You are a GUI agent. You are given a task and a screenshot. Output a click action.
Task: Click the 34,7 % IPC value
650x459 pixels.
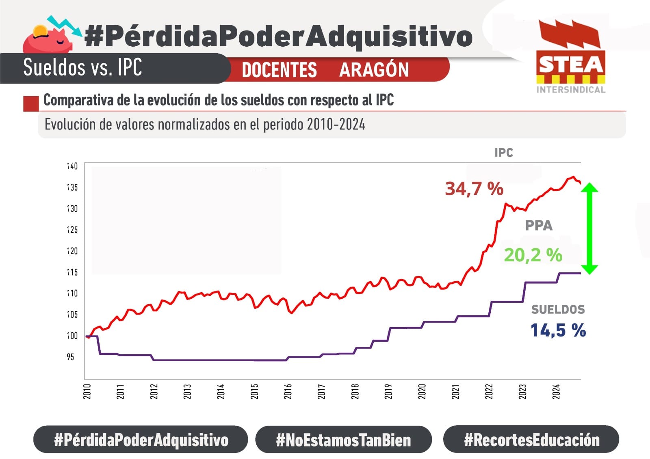click(474, 189)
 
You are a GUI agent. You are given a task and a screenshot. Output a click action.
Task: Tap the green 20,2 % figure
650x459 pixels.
click(533, 255)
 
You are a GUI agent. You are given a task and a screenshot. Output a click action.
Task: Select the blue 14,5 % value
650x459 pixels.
click(558, 330)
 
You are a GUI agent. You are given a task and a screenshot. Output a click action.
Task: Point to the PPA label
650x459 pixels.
click(539, 226)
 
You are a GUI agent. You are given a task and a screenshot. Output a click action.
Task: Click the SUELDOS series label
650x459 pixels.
click(558, 310)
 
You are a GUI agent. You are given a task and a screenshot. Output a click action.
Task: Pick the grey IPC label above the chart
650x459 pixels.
click(504, 153)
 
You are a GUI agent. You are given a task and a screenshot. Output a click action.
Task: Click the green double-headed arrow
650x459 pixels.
click(589, 228)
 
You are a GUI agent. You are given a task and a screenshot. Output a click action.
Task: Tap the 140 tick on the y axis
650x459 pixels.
click(72, 166)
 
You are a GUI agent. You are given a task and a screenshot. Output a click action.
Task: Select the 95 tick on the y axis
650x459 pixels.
click(71, 357)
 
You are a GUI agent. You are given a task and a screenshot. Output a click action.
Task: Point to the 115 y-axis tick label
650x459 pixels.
click(72, 272)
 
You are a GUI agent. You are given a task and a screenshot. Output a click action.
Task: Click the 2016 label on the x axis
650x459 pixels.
click(288, 392)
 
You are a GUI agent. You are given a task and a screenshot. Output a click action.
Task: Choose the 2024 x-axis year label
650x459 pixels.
click(556, 392)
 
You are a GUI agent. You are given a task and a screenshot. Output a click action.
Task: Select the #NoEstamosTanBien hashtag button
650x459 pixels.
click(343, 440)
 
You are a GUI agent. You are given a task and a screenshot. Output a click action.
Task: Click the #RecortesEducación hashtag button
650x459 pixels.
click(531, 440)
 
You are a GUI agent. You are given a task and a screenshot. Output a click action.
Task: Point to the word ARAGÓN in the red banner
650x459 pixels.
click(374, 70)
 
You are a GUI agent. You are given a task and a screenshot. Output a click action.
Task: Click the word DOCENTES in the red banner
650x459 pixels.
click(279, 70)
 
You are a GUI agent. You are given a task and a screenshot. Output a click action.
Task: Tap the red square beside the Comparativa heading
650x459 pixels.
click(31, 103)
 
